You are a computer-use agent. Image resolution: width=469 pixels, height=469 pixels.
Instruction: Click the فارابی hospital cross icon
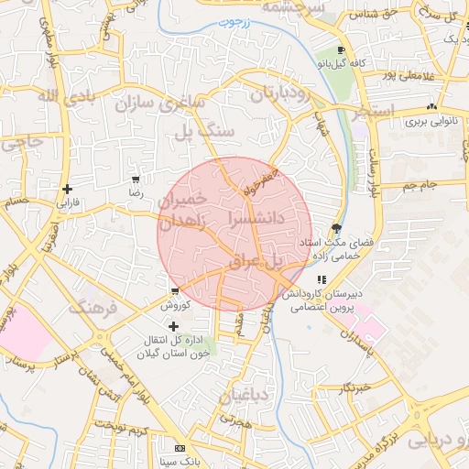click(66, 190)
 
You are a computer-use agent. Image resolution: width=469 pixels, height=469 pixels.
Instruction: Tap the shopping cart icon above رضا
click(136, 180)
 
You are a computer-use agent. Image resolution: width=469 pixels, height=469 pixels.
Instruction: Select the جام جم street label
click(420, 186)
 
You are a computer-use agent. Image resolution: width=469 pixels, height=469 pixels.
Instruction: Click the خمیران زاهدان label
click(183, 210)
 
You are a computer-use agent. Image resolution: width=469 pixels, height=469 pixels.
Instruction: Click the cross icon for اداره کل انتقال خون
click(173, 325)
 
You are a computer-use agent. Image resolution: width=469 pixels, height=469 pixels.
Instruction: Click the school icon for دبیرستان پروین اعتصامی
click(321, 280)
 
